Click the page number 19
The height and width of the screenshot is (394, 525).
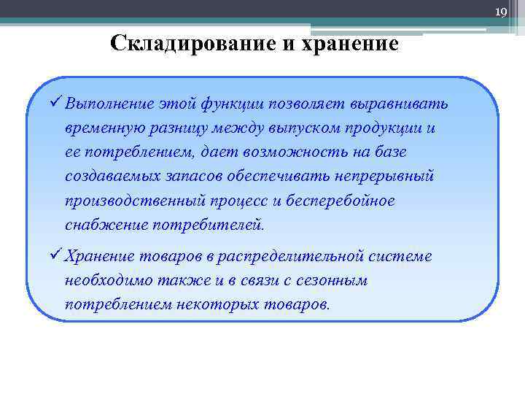pyautogui.click(x=501, y=12)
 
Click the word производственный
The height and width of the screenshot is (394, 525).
pyautogui.click(x=131, y=200)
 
